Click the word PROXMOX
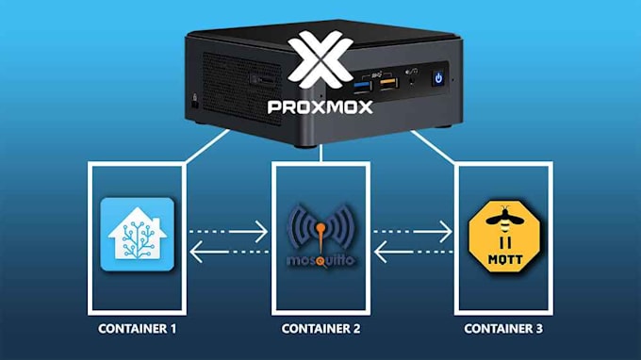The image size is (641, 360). [320, 106]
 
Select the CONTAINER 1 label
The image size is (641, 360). [138, 330]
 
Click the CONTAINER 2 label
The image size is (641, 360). [320, 330]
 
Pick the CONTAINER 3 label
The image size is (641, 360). [503, 330]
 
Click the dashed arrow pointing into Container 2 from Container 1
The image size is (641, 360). [231, 226]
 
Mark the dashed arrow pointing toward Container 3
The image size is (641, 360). [412, 226]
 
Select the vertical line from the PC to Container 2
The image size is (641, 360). [320, 154]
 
